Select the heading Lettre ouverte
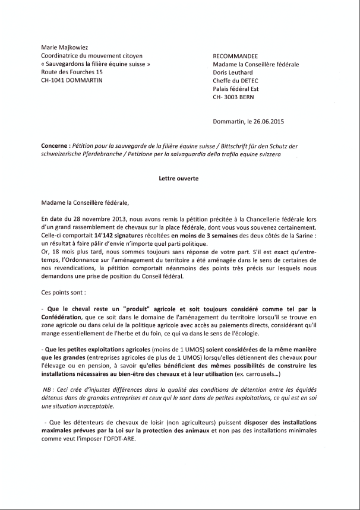click(178, 178)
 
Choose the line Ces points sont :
click(64, 292)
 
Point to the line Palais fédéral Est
click(236, 88)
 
